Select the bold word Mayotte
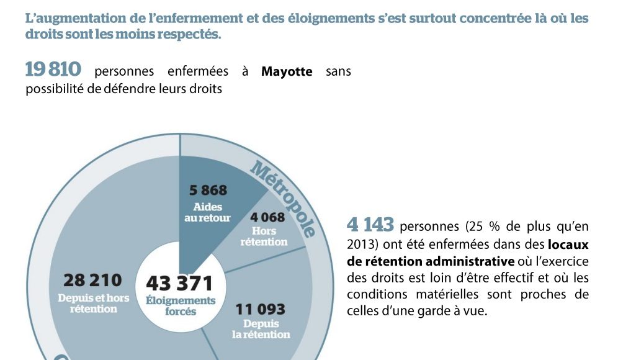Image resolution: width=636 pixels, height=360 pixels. (287, 71)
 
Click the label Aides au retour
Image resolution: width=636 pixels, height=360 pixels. (207, 212)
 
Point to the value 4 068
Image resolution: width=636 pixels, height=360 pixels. (267, 217)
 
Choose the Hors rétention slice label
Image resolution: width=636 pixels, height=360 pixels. (264, 236)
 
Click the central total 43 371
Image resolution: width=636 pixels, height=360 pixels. (179, 284)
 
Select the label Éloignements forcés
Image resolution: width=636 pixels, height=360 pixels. (181, 305)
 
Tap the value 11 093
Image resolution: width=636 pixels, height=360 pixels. (260, 308)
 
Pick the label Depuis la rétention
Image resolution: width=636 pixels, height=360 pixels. (261, 329)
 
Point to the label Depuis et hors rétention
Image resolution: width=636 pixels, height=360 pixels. (94, 303)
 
